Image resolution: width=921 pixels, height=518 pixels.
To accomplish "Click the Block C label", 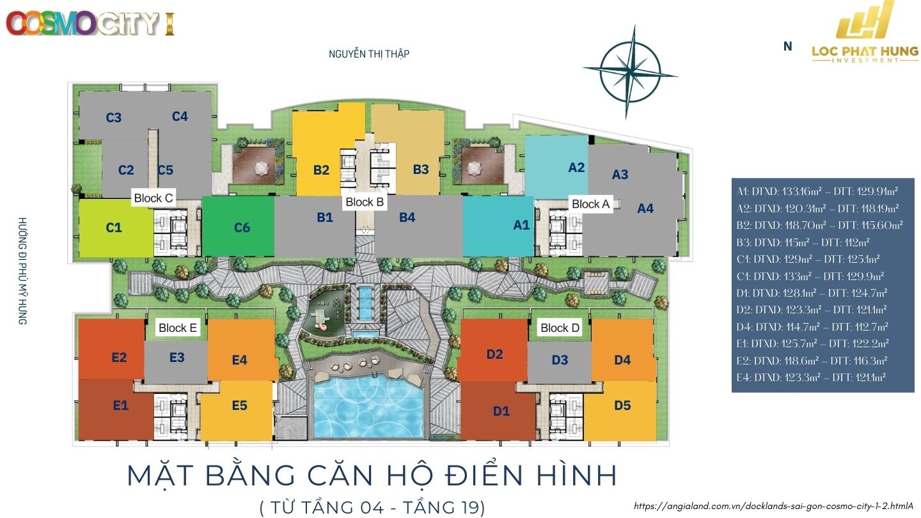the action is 153,198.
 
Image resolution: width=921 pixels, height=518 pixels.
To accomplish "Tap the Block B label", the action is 365,202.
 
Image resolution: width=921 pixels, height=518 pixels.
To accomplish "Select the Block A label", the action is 590,204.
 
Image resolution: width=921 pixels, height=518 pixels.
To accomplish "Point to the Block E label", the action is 178,328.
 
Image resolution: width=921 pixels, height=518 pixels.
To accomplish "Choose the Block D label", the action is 560,328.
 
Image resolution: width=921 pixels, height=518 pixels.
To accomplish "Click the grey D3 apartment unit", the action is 560,361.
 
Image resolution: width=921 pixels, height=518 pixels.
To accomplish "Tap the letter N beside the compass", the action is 787,46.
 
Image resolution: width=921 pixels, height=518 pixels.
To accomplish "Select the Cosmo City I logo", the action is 90,23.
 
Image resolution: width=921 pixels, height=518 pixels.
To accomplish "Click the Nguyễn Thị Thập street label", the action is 369,54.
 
